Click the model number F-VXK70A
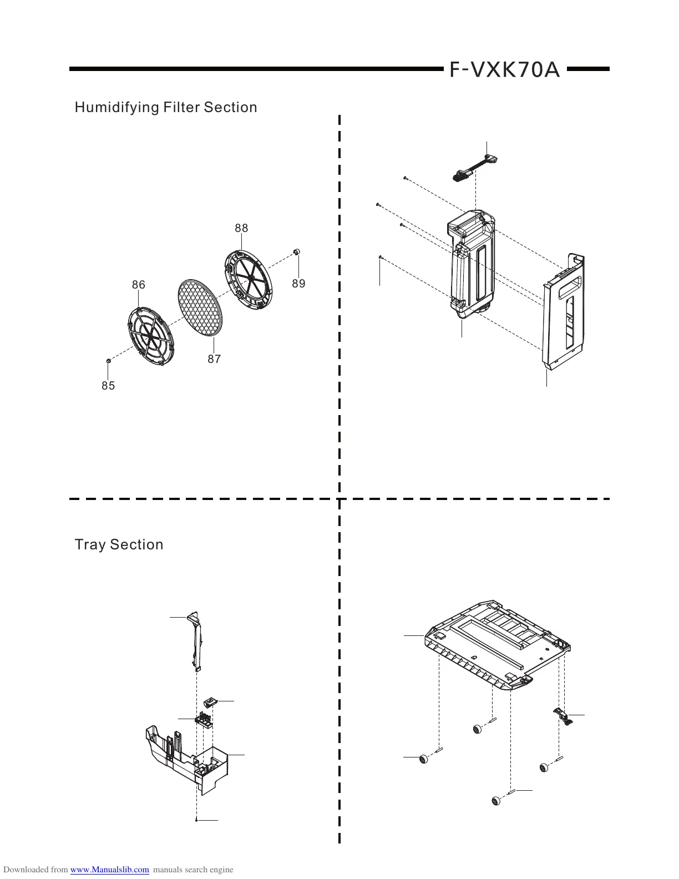504,70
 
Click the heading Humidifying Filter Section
166,107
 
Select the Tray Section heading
119,544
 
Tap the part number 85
108,386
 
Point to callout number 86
138,285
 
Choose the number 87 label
214,359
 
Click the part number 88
241,228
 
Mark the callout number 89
298,284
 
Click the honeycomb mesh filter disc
201,307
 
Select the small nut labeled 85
109,361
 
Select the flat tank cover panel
565,311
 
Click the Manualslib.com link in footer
110,870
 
